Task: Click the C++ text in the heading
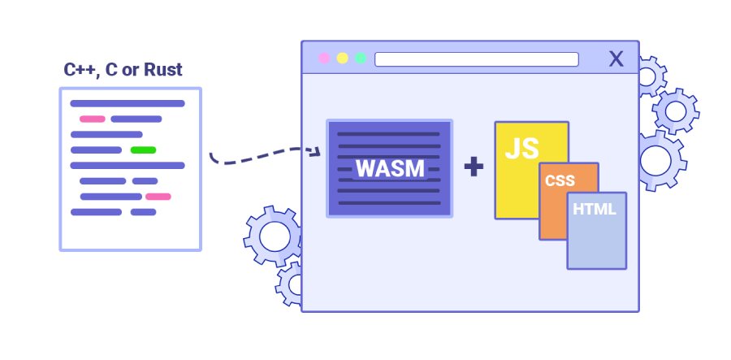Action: [80, 70]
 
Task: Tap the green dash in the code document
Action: [143, 150]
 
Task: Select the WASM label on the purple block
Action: [390, 168]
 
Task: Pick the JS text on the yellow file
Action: [521, 149]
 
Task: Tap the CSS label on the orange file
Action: [560, 180]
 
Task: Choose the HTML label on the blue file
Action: [595, 209]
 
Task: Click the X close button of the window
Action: [616, 59]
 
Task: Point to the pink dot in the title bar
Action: [325, 59]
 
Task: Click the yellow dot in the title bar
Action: [343, 59]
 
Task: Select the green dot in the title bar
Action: [361, 59]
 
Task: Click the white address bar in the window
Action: [476, 59]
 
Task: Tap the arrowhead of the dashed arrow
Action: [317, 150]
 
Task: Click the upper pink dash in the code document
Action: [93, 119]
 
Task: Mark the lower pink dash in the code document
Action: [158, 196]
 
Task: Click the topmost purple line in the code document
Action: [128, 103]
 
